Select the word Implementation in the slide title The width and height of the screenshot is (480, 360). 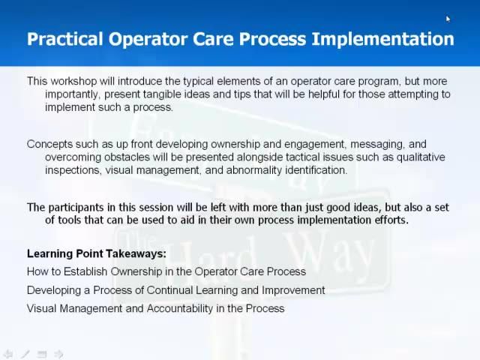click(x=393, y=39)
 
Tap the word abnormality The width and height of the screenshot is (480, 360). click(x=267, y=169)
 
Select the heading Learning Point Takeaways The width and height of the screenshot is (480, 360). click(x=96, y=253)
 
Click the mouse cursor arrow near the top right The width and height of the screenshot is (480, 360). click(x=448, y=19)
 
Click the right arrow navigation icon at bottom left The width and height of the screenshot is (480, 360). click(x=58, y=354)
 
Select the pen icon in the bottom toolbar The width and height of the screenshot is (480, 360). click(x=25, y=354)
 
